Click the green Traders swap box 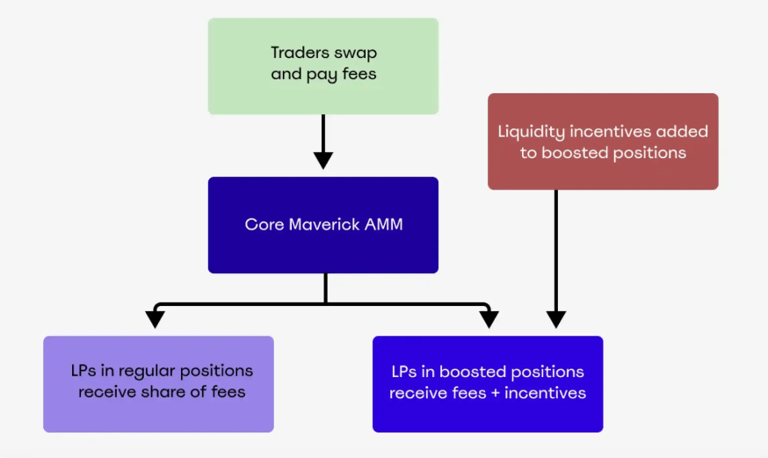[322, 66]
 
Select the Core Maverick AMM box [322, 224]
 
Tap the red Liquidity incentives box [603, 142]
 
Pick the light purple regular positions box [158, 383]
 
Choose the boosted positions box [488, 383]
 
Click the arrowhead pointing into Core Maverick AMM [323, 159]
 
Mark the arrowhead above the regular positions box [156, 318]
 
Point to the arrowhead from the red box [555, 318]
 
